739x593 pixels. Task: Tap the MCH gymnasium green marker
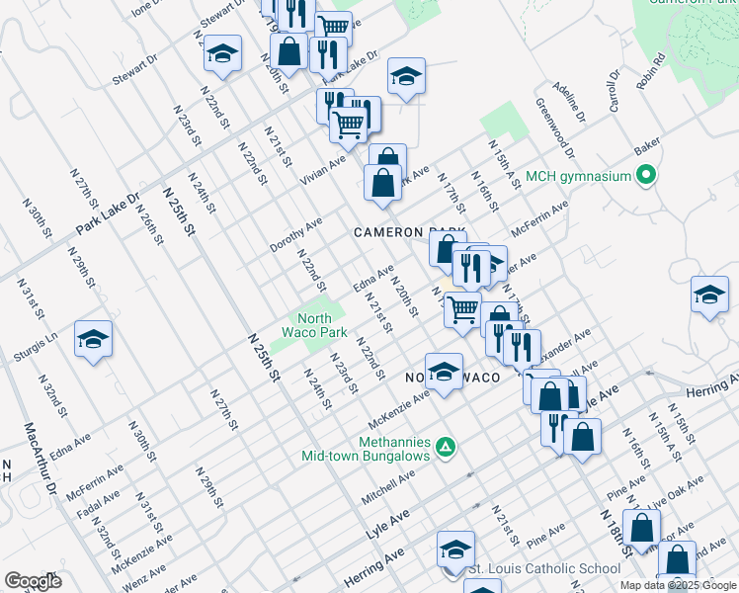(647, 177)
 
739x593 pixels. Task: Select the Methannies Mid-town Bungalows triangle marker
(446, 448)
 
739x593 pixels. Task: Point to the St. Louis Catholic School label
(544, 568)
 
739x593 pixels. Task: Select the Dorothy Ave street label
(296, 234)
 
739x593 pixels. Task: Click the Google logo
(32, 581)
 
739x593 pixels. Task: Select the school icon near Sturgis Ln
(93, 339)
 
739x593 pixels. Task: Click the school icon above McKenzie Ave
(444, 371)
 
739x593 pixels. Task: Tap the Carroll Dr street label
(613, 89)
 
